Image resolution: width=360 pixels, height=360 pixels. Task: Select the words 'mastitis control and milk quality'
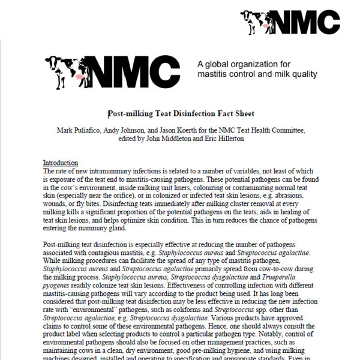point(257,75)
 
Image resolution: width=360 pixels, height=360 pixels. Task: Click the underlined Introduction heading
point(60,163)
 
